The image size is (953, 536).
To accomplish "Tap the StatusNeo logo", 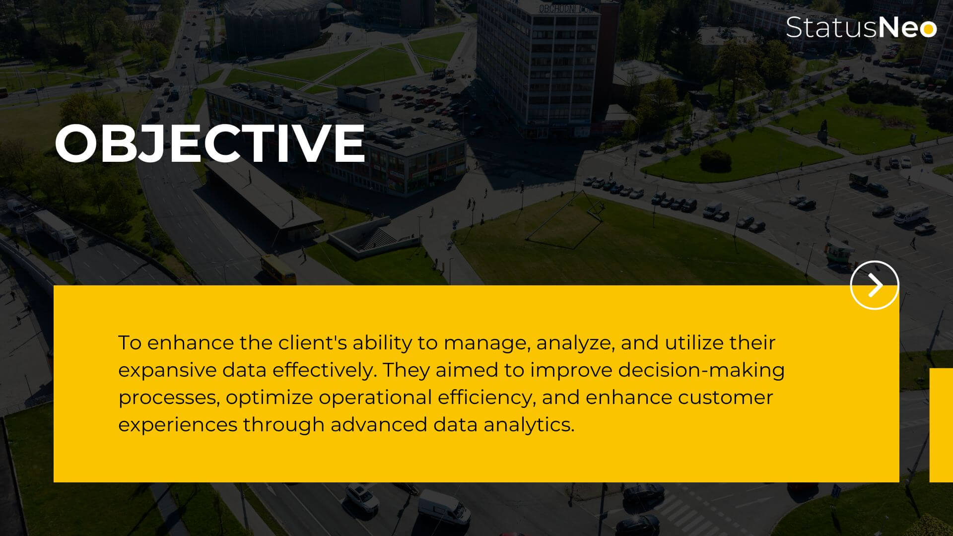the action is (861, 27).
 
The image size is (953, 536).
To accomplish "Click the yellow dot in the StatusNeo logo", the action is (927, 29).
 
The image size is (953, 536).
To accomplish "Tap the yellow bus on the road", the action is (278, 269).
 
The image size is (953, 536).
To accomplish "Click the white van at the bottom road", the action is (443, 506).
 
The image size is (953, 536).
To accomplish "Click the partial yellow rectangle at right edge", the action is (941, 425).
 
